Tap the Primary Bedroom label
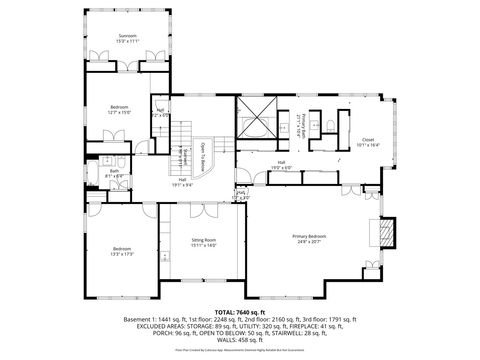click(x=309, y=236)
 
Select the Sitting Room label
click(x=204, y=240)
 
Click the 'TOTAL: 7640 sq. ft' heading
click(x=240, y=312)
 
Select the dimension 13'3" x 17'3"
click(x=122, y=253)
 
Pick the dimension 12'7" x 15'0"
click(x=120, y=112)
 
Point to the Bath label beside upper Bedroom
click(x=115, y=171)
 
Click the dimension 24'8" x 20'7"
click(x=309, y=241)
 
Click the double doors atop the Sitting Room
click(x=204, y=207)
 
